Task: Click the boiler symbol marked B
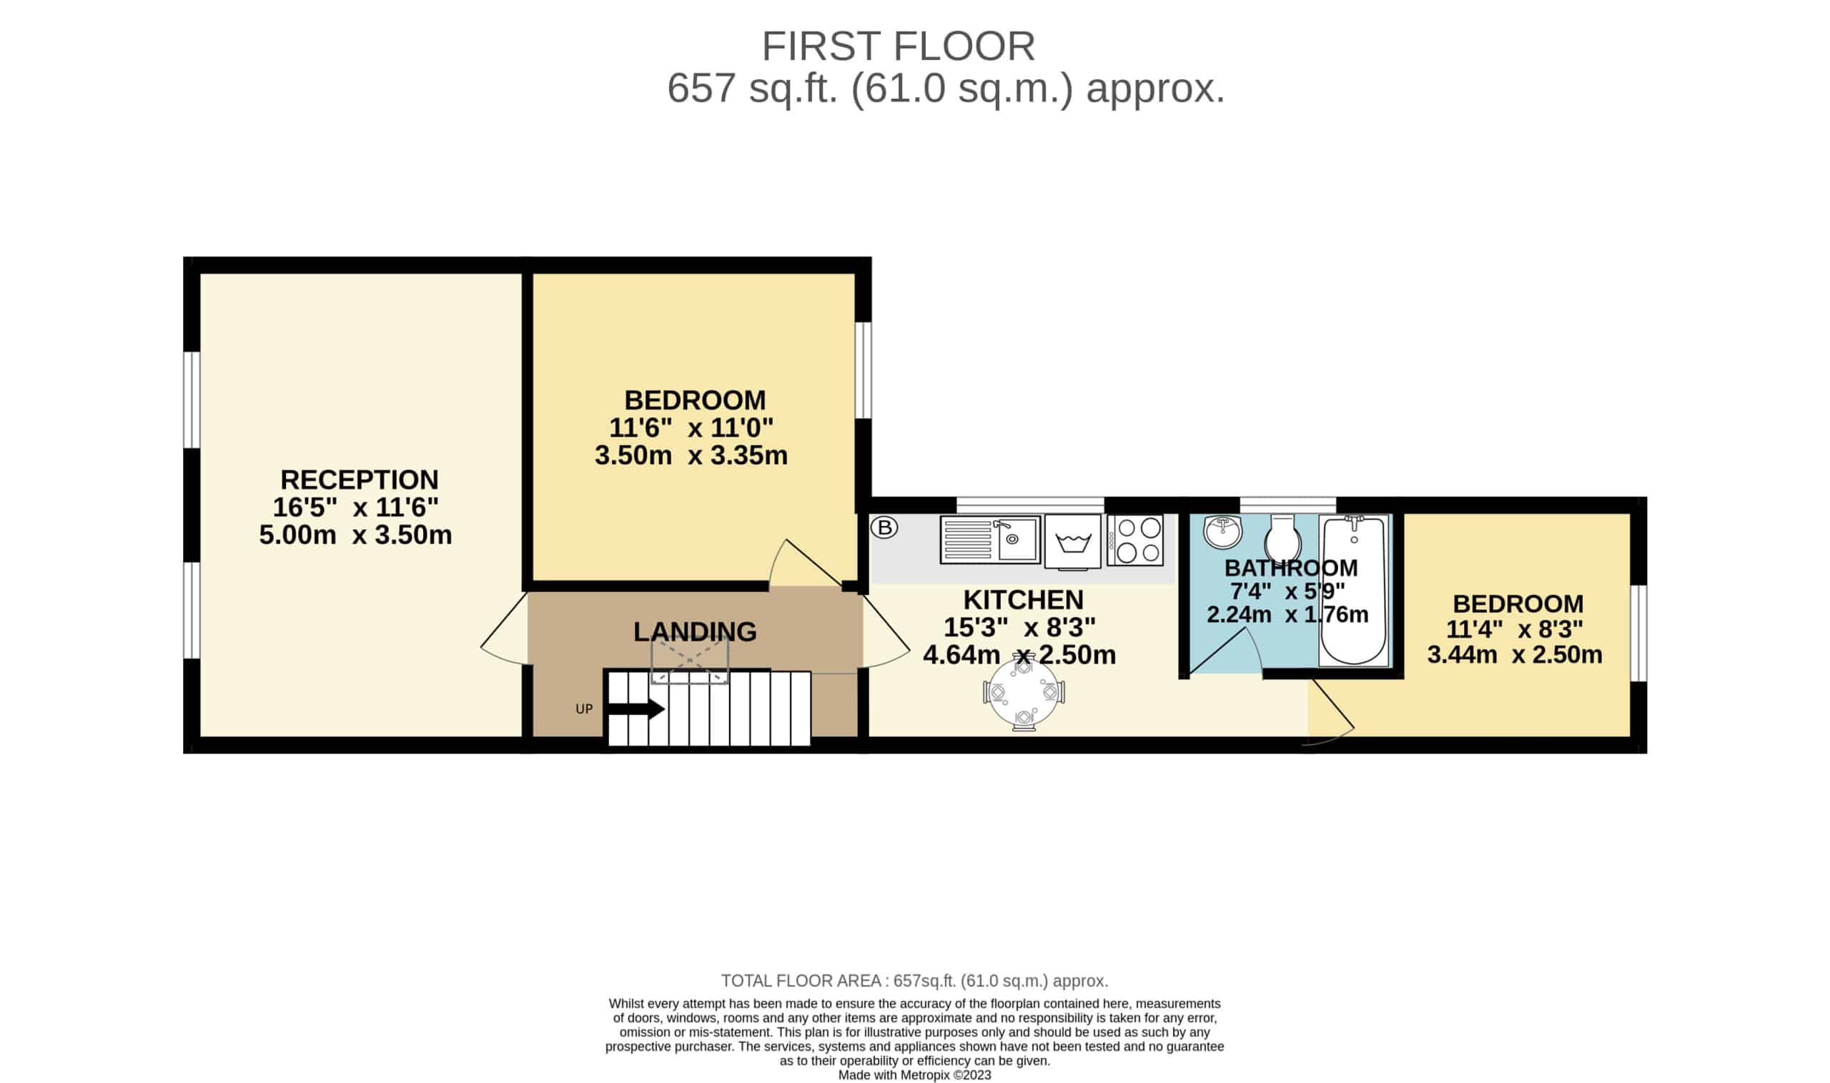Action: (884, 527)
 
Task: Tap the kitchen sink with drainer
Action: (989, 539)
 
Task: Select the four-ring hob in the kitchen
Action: (1134, 540)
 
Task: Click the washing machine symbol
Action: (1072, 540)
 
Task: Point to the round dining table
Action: (1024, 694)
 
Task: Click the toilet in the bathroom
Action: (1282, 537)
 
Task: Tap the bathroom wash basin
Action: (1222, 531)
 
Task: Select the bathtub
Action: (1354, 590)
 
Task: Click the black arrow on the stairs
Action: (635, 708)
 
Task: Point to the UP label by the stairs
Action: (584, 708)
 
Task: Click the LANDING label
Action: (695, 631)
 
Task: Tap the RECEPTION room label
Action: (360, 480)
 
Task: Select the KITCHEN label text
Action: (1023, 599)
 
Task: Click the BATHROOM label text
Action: (1291, 567)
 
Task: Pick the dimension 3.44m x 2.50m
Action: (1515, 654)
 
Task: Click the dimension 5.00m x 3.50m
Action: (355, 535)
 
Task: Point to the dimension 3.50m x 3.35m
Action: (691, 455)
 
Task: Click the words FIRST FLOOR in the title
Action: (899, 46)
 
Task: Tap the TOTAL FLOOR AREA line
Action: (915, 980)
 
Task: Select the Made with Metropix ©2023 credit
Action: (914, 1075)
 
